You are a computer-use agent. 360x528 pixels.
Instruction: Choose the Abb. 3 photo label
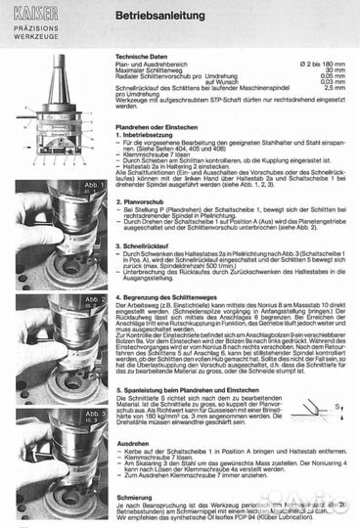(94, 414)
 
